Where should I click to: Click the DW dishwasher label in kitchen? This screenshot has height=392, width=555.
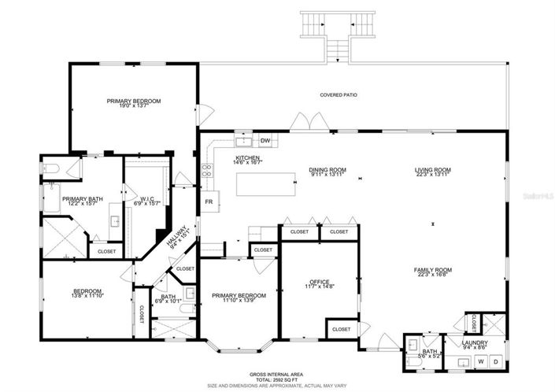pyautogui.click(x=265, y=142)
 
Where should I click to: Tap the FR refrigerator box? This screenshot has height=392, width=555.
pyautogui.click(x=209, y=202)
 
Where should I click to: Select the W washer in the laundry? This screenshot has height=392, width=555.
pyautogui.click(x=481, y=361)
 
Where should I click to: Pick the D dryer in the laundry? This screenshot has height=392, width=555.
pyautogui.click(x=497, y=361)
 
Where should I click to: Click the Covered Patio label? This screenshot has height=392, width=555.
pyautogui.click(x=339, y=95)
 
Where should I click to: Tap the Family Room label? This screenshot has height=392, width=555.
pyautogui.click(x=432, y=270)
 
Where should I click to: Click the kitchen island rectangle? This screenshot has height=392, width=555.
pyautogui.click(x=266, y=185)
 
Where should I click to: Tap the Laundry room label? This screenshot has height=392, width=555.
pyautogui.click(x=475, y=343)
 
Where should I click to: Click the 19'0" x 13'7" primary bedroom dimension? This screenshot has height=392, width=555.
pyautogui.click(x=134, y=107)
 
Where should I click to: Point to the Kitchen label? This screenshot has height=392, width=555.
pyautogui.click(x=247, y=157)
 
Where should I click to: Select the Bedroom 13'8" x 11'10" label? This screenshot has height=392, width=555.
pyautogui.click(x=87, y=291)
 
